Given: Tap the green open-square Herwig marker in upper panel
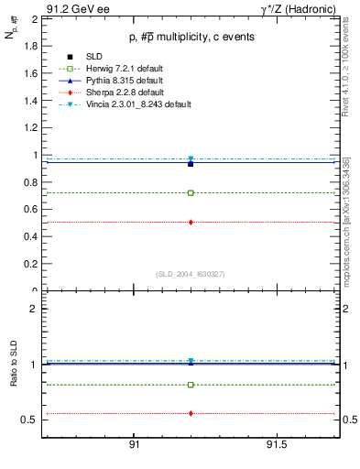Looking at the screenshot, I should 191,193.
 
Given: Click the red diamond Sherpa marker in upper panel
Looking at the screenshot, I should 191,223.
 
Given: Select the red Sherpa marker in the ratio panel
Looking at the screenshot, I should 191,413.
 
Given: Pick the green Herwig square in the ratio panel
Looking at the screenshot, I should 191,385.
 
